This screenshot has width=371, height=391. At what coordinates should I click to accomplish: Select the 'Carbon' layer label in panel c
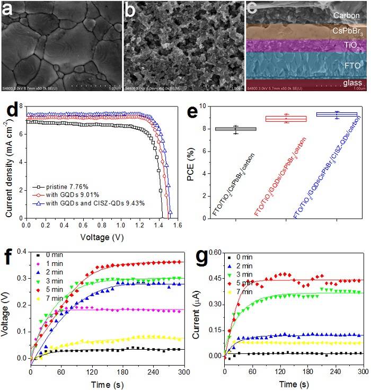pos(347,15)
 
